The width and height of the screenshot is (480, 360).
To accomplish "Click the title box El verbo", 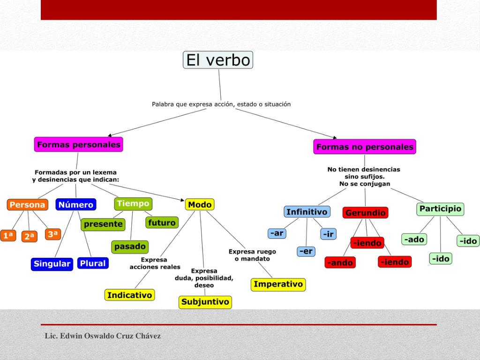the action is (218, 60).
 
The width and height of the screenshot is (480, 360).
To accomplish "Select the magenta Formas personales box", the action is (78, 144).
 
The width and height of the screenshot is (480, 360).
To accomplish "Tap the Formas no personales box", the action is (365, 147).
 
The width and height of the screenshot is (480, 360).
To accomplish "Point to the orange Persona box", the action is (27, 205).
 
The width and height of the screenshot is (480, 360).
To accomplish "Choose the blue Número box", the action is (76, 205).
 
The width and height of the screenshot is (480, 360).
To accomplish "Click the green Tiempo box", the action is (133, 203).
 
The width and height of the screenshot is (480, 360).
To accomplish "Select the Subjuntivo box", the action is (205, 302).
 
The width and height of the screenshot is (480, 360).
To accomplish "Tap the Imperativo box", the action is (278, 284).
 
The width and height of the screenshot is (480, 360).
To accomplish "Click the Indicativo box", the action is (129, 295).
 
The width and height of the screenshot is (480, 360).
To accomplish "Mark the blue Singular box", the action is (52, 264).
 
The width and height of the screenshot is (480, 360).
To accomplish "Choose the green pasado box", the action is (130, 246).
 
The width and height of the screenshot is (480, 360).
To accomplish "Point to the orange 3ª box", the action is (53, 234).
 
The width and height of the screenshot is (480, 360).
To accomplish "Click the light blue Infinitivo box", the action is (307, 212).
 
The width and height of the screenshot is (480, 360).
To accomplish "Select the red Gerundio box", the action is (365, 213).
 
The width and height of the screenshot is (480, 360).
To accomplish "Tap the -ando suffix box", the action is (340, 262).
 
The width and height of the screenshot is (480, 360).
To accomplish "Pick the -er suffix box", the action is (306, 251).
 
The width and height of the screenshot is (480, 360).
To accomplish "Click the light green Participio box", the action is (440, 209).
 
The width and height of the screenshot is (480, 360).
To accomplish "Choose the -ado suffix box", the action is (414, 240).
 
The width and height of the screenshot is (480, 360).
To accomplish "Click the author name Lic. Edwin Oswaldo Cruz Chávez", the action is (103, 336).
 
